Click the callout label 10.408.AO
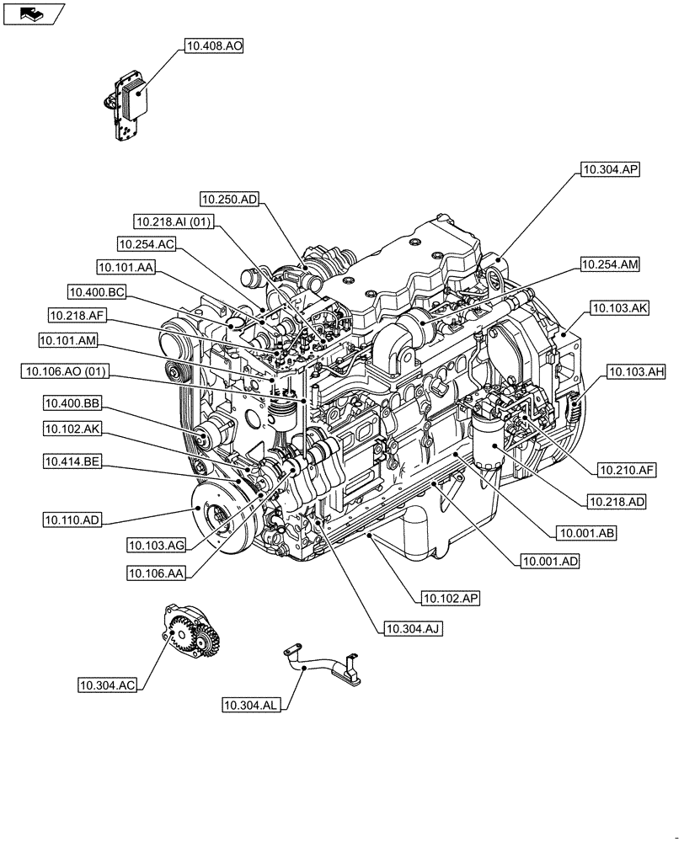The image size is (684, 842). click(x=211, y=48)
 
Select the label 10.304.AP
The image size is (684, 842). click(x=610, y=170)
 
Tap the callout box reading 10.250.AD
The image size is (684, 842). click(x=230, y=200)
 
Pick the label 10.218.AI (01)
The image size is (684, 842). click(x=175, y=222)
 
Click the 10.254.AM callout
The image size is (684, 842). click(x=610, y=265)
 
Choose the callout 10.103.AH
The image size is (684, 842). click(x=633, y=370)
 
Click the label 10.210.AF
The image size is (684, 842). click(x=627, y=469)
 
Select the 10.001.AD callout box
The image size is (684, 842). click(x=550, y=560)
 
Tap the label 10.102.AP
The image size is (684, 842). click(x=451, y=598)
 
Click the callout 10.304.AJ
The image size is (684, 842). click(x=414, y=628)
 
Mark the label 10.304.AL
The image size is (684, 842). click(x=253, y=704)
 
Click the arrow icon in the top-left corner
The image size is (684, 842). click(x=32, y=13)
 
